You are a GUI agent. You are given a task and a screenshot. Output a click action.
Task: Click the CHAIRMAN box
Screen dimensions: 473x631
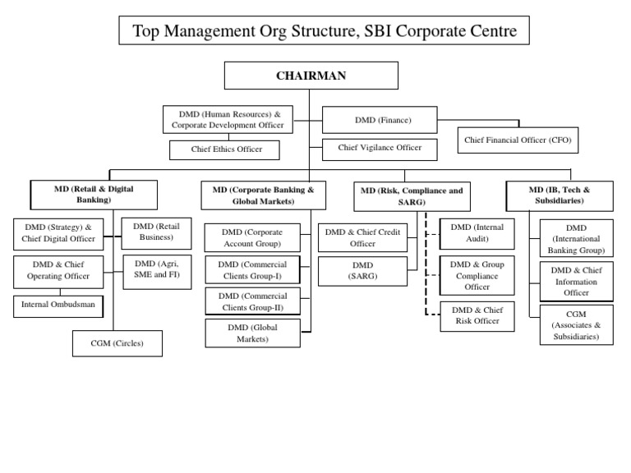click(311, 76)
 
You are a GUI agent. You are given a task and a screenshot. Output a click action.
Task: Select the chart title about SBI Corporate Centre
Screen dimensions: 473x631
click(319, 31)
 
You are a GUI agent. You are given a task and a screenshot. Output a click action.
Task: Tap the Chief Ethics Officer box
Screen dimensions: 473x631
click(224, 149)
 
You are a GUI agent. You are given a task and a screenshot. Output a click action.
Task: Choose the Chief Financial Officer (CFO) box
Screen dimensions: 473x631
click(517, 140)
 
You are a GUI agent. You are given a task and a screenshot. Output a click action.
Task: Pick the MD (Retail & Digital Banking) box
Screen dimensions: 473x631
click(93, 194)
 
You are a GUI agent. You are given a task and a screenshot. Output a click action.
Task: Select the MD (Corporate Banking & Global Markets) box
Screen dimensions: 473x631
click(263, 195)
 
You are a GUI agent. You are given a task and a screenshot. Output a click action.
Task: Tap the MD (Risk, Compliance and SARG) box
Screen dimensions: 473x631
click(412, 195)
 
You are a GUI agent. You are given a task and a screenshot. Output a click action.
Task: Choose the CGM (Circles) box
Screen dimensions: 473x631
click(116, 343)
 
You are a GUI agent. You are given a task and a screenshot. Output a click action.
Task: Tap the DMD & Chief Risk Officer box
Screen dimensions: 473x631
click(477, 316)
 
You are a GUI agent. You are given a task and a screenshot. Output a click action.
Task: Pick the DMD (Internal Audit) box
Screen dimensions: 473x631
click(477, 232)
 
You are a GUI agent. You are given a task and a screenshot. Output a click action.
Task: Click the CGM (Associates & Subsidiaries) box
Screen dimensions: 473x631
click(576, 324)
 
